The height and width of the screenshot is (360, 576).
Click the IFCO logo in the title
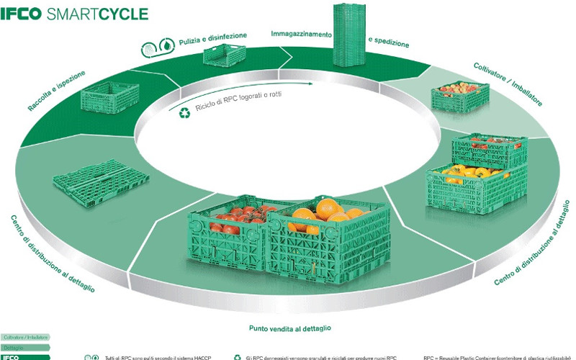click(x=21, y=13)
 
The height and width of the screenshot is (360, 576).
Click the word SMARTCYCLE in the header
click(x=96, y=13)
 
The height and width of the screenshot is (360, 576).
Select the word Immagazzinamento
click(x=301, y=33)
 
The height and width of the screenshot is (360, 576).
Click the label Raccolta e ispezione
click(x=57, y=91)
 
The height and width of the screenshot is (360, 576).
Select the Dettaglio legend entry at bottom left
click(x=14, y=347)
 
